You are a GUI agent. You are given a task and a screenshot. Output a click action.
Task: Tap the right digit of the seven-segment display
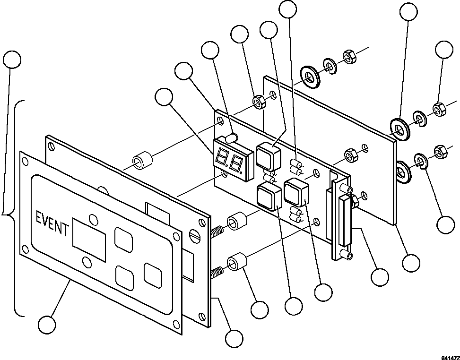(236, 164)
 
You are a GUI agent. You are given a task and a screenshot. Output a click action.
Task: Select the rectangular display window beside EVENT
(89, 241)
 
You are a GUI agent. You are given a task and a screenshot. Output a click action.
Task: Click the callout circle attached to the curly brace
(12, 60)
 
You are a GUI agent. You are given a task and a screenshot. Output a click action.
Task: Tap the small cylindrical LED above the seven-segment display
(231, 138)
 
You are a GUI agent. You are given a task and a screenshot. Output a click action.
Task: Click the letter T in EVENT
(65, 230)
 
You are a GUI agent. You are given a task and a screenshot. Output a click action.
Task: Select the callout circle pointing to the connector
(380, 277)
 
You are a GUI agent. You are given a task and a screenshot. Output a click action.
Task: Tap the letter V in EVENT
(47, 221)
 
